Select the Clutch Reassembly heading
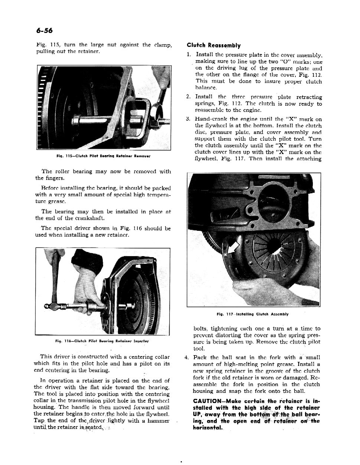point(213,46)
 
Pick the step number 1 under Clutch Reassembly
point(188,55)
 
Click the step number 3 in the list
point(188,119)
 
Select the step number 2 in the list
point(188,97)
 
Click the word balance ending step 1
point(206,88)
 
